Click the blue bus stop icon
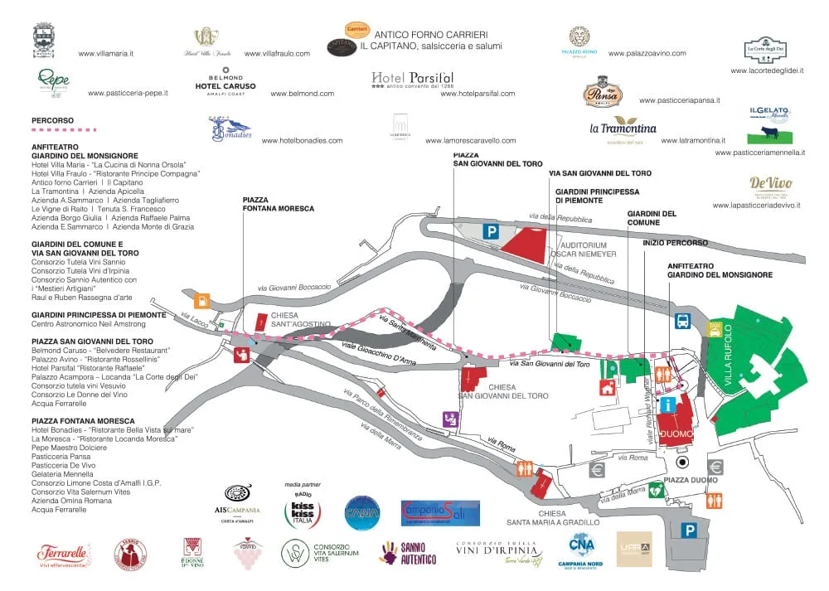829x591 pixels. pyautogui.click(x=683, y=322)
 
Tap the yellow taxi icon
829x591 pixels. pyautogui.click(x=715, y=327)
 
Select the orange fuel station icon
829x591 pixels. pyautogui.click(x=201, y=301)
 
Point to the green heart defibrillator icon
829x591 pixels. pyautogui.click(x=656, y=489)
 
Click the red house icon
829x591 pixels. pyautogui.click(x=608, y=386)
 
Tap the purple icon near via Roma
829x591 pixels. pyautogui.click(x=450, y=419)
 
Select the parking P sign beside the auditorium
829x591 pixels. pyautogui.click(x=491, y=233)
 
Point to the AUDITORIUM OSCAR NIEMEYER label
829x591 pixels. pyautogui.click(x=589, y=249)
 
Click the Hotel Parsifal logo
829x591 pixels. pyautogui.click(x=413, y=80)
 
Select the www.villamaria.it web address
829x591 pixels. pyautogui.click(x=106, y=53)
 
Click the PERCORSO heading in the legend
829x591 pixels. pyautogui.click(x=52, y=120)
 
